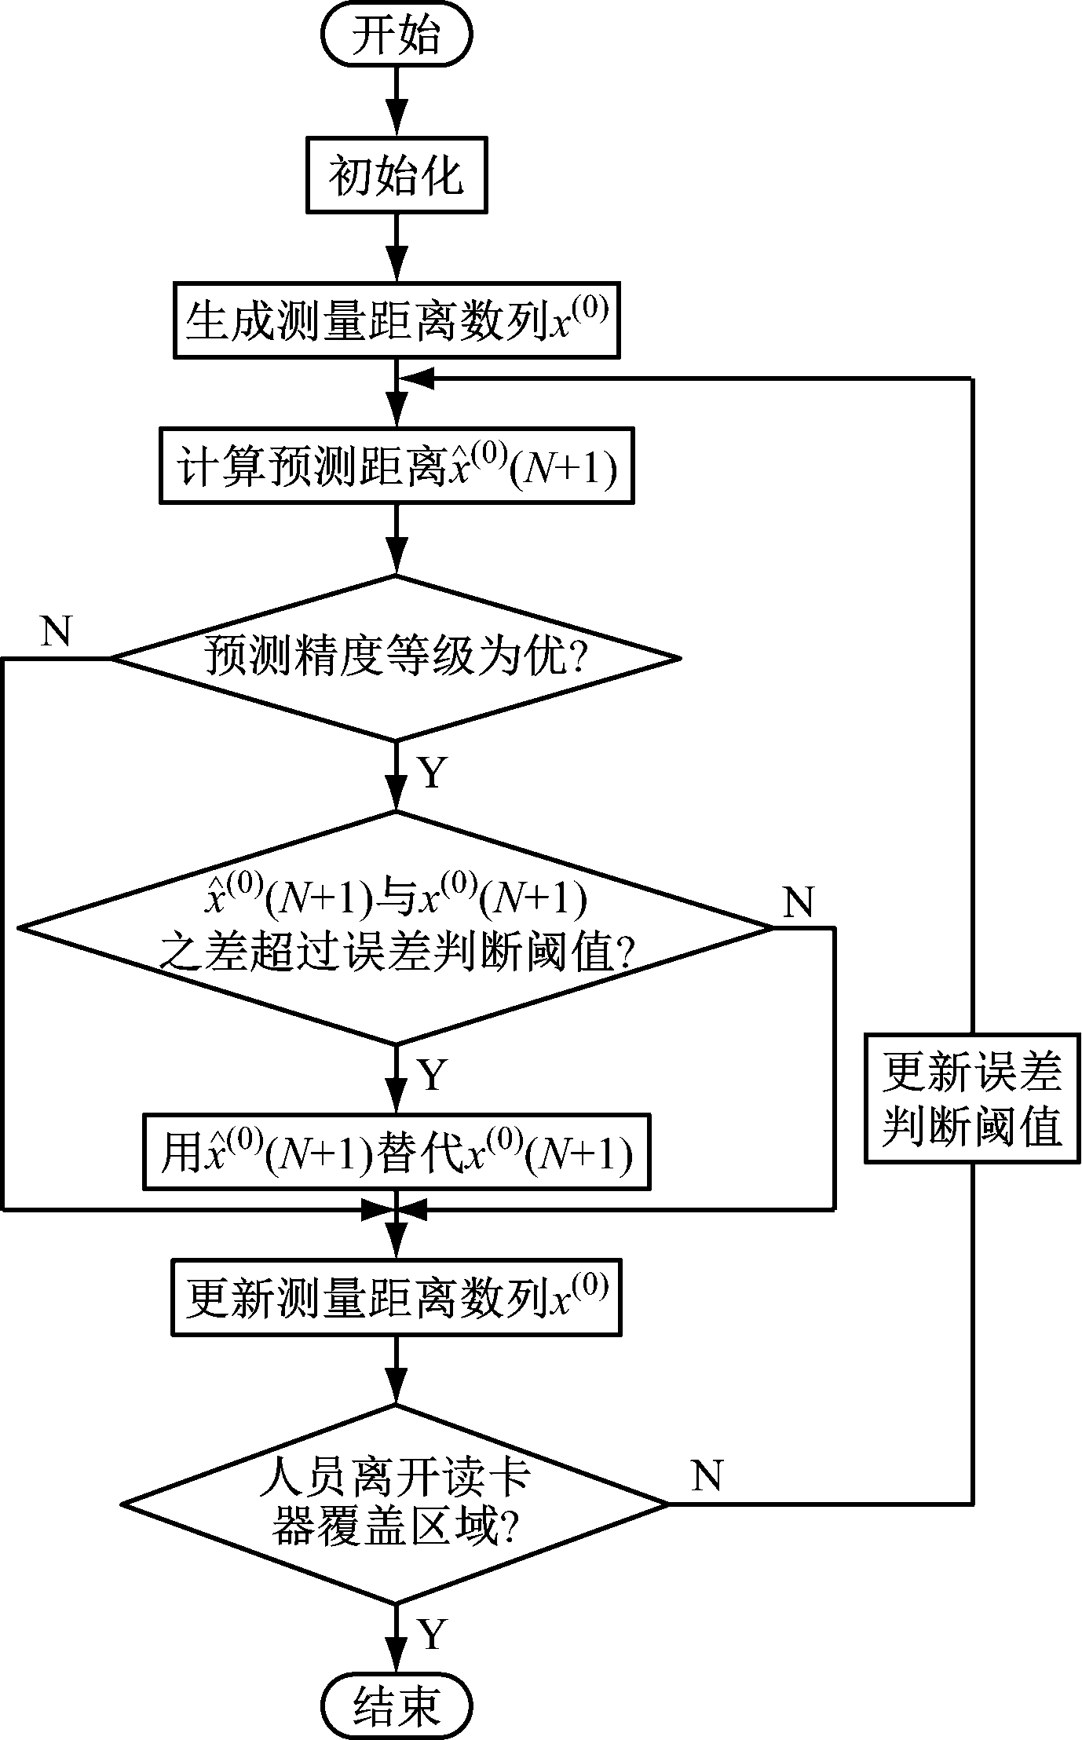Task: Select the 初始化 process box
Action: coord(396,174)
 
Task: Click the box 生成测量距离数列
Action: coord(396,320)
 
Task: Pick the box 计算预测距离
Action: coord(396,466)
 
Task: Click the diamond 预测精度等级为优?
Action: coord(396,657)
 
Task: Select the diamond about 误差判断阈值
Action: coord(396,927)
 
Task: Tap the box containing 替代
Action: coord(396,1151)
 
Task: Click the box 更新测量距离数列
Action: coord(396,1297)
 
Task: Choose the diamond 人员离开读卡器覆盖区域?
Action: coord(396,1504)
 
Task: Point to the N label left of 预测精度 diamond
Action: coord(56,631)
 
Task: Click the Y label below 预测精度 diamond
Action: coord(433,773)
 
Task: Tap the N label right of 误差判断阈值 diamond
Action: coord(798,903)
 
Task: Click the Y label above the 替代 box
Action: coord(433,1074)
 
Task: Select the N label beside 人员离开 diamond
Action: coord(706,1476)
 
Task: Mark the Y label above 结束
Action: coord(433,1635)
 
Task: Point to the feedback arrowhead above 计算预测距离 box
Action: coord(416,379)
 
